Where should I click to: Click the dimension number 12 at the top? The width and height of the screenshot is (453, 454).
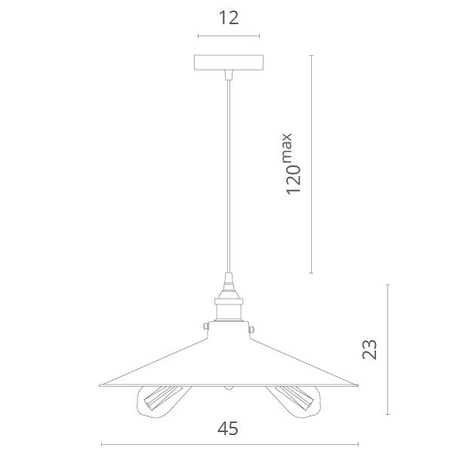pyautogui.click(x=229, y=18)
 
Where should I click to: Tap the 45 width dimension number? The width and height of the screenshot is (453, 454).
pyautogui.click(x=228, y=429)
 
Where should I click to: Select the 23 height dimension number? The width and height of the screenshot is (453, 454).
pyautogui.click(x=370, y=349)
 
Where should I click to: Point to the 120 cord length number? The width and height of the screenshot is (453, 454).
pyautogui.click(x=294, y=180)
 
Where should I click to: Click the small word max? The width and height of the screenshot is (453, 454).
pyautogui.click(x=287, y=148)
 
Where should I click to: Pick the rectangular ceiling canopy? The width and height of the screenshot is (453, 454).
pyautogui.click(x=229, y=62)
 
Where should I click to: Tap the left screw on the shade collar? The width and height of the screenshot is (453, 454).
pyautogui.click(x=206, y=326)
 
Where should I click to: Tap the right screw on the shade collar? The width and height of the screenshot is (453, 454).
pyautogui.click(x=251, y=329)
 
